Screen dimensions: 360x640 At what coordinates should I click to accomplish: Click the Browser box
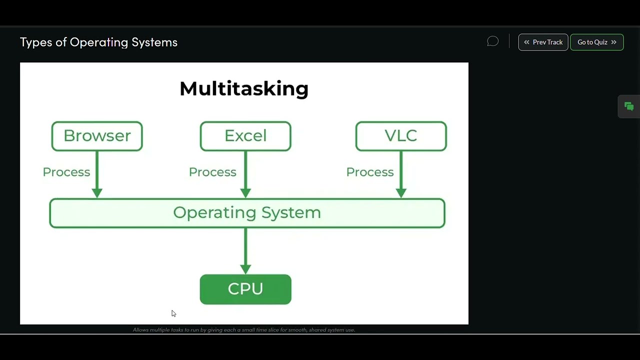click(x=97, y=136)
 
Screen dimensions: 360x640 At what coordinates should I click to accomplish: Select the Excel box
click(x=245, y=136)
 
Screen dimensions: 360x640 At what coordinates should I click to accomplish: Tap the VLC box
click(x=401, y=136)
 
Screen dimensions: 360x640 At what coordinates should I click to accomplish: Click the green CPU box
click(x=245, y=289)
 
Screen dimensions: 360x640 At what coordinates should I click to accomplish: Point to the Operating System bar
click(x=247, y=213)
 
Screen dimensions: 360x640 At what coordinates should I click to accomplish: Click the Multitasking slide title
click(x=244, y=89)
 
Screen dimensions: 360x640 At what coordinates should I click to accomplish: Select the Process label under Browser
click(x=66, y=172)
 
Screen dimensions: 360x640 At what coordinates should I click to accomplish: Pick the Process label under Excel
click(x=212, y=172)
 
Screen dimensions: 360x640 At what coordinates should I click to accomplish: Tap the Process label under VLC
click(x=370, y=172)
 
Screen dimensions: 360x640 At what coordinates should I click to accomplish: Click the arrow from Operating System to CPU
click(x=245, y=250)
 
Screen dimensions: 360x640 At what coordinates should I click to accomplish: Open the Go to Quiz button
click(x=596, y=42)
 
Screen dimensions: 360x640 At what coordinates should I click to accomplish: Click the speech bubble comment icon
click(x=492, y=41)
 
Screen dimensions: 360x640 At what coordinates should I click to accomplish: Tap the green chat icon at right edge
click(x=629, y=106)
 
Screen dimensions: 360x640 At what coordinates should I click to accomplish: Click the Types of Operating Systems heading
click(x=98, y=42)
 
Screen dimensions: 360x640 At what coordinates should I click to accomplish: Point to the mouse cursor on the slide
click(x=173, y=313)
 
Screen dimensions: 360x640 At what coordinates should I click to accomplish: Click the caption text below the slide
click(x=244, y=330)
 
